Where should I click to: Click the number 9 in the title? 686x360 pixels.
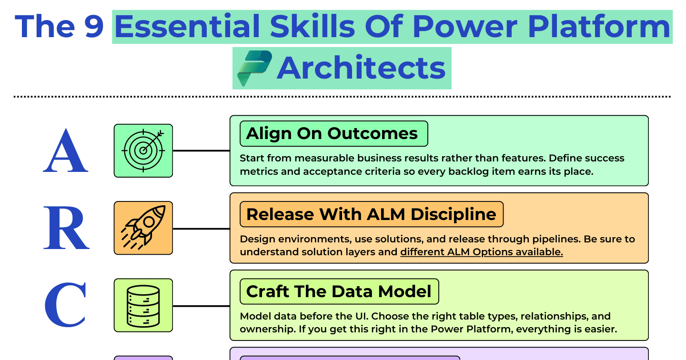click(94, 27)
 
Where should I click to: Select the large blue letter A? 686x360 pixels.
click(66, 150)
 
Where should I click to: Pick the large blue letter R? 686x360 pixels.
click(66, 228)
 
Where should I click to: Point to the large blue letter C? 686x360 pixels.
click(65, 305)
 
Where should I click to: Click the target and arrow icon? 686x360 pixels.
click(143, 150)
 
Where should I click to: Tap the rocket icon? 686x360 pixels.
click(143, 228)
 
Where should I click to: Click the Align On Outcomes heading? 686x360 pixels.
click(332, 133)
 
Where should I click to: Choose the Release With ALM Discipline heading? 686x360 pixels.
click(371, 214)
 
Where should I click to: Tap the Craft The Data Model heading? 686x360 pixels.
click(339, 291)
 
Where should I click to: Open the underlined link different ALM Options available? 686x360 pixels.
click(482, 252)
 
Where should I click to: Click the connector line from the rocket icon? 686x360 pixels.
click(201, 229)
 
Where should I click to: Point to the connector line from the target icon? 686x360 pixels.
click(201, 150)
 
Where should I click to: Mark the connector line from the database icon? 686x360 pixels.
click(201, 306)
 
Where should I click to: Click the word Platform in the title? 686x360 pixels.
click(599, 27)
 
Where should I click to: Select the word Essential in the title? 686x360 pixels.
click(187, 26)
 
